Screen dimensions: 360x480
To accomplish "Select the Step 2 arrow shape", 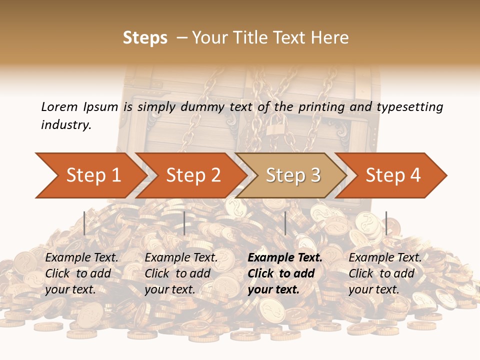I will pos(192,175).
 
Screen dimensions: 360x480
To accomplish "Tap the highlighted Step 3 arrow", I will pos(292,175).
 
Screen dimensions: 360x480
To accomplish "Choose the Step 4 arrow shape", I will pos(392,175).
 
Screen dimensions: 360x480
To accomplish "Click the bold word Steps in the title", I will pos(145,38).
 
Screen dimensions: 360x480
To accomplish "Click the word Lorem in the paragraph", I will pos(59,106).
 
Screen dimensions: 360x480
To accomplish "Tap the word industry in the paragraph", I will pos(65,125).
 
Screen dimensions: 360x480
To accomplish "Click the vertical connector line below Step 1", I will pos(84,223).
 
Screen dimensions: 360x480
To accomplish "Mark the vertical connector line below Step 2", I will pos(184,223).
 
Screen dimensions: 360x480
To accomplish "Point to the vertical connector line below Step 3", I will pos(285,223).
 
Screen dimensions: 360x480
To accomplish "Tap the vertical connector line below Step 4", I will pos(386,223).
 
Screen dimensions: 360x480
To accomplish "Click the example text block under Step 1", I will pos(81,273).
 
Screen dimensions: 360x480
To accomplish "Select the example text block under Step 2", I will pos(181,273).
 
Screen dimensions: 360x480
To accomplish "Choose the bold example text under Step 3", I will pos(285,273).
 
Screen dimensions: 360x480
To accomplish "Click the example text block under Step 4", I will pos(385,273).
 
